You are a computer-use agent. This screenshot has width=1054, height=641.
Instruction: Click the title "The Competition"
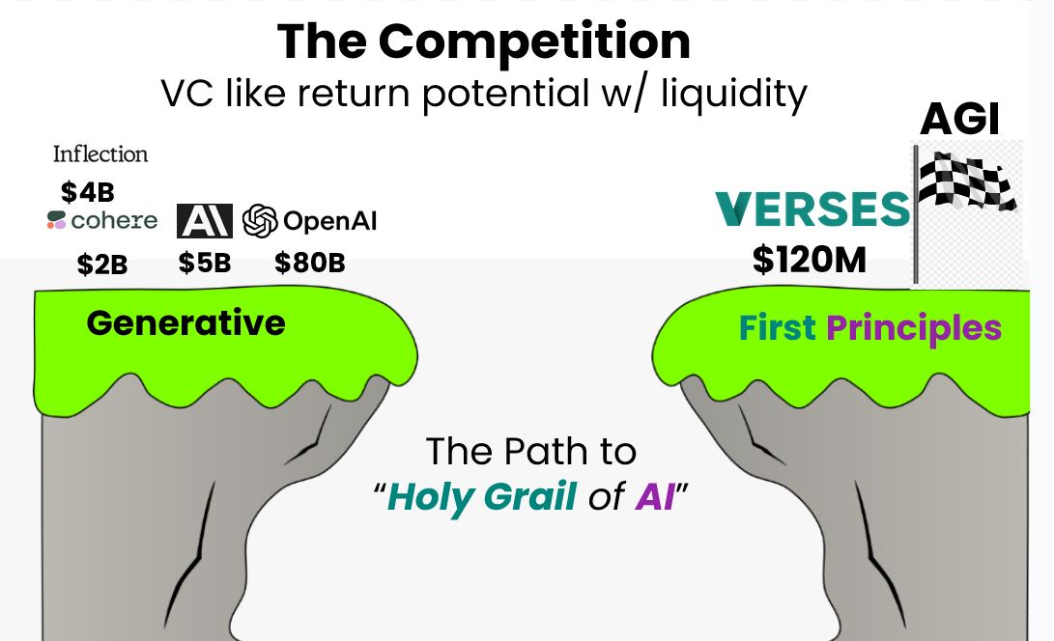click(483, 42)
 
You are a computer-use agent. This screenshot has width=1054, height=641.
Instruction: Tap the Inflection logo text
click(100, 154)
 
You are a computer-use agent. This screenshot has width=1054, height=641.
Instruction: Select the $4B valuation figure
click(88, 192)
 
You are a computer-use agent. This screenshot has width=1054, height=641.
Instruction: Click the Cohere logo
click(101, 221)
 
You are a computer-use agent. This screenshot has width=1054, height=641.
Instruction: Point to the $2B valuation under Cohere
click(102, 264)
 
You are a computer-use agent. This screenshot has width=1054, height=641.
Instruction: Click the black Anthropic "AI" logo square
click(204, 221)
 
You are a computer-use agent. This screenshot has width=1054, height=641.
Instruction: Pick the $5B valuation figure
click(205, 263)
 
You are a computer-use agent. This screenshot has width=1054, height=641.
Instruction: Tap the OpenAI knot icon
click(260, 221)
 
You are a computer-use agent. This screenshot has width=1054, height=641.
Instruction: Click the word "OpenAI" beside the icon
click(329, 222)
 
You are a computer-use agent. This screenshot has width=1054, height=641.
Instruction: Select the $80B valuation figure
click(310, 263)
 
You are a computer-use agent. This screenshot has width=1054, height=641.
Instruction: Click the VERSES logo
click(812, 209)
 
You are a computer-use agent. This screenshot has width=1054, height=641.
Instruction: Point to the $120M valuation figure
click(810, 261)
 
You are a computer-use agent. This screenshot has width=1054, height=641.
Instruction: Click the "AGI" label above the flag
click(959, 120)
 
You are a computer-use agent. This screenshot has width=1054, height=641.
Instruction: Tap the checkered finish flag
click(965, 182)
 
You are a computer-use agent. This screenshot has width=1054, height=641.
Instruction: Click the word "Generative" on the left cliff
click(185, 322)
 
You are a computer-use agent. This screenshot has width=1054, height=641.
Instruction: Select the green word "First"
click(777, 328)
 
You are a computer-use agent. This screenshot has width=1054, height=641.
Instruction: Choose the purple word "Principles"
click(913, 328)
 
